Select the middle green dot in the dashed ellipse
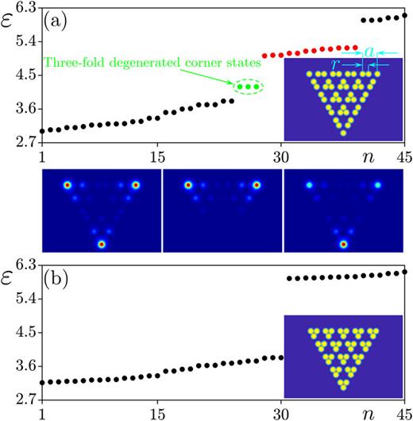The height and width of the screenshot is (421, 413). [248, 86]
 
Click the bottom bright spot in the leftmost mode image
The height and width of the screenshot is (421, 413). [101, 243]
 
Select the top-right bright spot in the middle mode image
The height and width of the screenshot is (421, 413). [257, 185]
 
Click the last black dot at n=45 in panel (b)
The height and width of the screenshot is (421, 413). [405, 272]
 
